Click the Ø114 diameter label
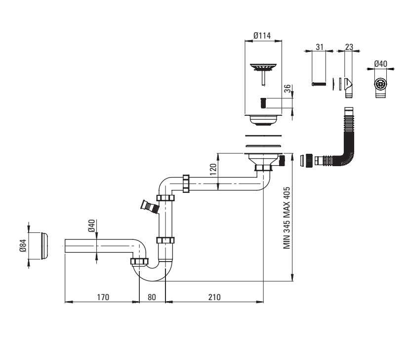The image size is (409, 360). pyautogui.click(x=262, y=36)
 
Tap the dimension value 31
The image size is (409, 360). pyautogui.click(x=320, y=47)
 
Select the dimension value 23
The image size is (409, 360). pyautogui.click(x=349, y=47)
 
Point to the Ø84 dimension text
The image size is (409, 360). pyautogui.click(x=23, y=245)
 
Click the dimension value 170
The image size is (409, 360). pyautogui.click(x=103, y=297)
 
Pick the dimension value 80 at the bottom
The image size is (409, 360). pyautogui.click(x=152, y=297)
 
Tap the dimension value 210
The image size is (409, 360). pyautogui.click(x=214, y=297)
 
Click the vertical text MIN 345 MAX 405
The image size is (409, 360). pyautogui.click(x=286, y=218)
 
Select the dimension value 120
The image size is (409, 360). pyautogui.click(x=213, y=170)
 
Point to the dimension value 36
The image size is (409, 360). pyautogui.click(x=287, y=89)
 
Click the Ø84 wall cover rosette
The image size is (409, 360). pyautogui.click(x=44, y=246)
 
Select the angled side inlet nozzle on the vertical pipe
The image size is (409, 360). pyautogui.click(x=150, y=206)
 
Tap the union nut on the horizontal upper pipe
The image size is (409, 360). pyautogui.click(x=186, y=184)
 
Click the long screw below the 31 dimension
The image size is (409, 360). pyautogui.click(x=319, y=84)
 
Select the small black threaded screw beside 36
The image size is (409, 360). pyautogui.click(x=263, y=103)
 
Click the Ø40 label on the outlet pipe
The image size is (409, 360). pyautogui.click(x=91, y=226)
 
